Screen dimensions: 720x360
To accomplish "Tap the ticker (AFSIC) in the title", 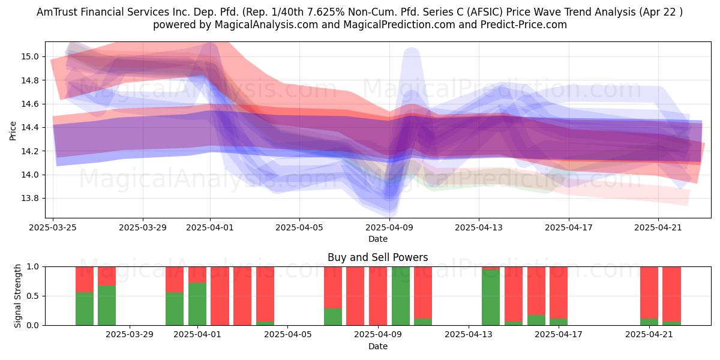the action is pyautogui.click(x=484, y=12).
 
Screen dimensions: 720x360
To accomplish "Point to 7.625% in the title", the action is pyautogui.click(x=325, y=12).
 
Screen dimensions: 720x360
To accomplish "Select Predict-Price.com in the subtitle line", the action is pyautogui.click(x=524, y=25).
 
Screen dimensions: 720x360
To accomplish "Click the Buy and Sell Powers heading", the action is pyautogui.click(x=377, y=257).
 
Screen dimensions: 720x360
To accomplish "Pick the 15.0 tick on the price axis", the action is pyautogui.click(x=30, y=57).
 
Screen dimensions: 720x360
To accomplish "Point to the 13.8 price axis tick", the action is pyautogui.click(x=30, y=199).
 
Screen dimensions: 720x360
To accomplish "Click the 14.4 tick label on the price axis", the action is pyautogui.click(x=30, y=128).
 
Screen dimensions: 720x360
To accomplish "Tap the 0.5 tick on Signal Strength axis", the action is pyautogui.click(x=32, y=296).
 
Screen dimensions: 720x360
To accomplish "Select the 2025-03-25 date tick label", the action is pyautogui.click(x=53, y=227).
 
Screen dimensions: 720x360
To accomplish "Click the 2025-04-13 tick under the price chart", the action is pyautogui.click(x=479, y=227).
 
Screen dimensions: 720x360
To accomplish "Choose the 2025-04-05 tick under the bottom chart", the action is pyautogui.click(x=287, y=335).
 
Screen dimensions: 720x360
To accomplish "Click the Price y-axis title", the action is pyautogui.click(x=13, y=131).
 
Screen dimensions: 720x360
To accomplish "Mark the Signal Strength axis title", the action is pyautogui.click(x=17, y=296).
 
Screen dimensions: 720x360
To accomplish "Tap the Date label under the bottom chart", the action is pyautogui.click(x=377, y=346).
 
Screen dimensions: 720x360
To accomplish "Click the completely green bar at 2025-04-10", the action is pyautogui.click(x=401, y=296).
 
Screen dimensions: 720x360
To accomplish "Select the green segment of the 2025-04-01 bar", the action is pyautogui.click(x=197, y=304).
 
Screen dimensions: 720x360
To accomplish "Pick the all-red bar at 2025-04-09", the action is pyautogui.click(x=378, y=296).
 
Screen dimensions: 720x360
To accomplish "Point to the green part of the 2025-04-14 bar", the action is pyautogui.click(x=491, y=298).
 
